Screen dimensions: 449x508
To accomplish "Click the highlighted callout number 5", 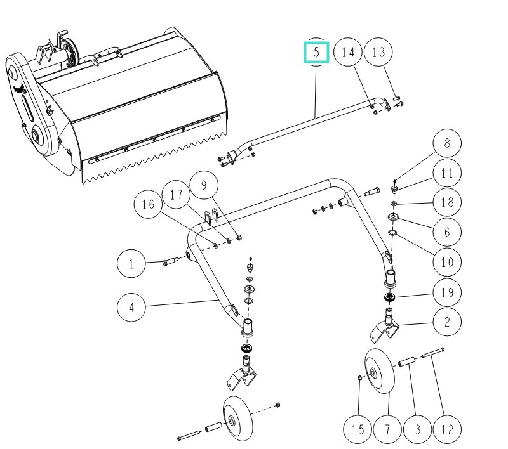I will pos(316,52).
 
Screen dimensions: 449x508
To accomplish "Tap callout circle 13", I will pos(378,52).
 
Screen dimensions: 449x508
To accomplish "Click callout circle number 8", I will pos(447,144).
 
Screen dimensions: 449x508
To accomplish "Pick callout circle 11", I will pos(447,173).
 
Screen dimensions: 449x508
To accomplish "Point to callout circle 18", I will pos(447,202).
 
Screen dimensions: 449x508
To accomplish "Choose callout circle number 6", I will pos(447,231).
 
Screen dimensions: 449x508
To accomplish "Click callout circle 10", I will pos(447,261).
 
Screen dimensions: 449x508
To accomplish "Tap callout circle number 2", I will pos(447,322).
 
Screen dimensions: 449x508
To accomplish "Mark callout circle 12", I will pos(447,429).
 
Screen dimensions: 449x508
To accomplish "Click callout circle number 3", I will pos(418,429).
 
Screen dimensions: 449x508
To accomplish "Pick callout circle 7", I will pos(388,429).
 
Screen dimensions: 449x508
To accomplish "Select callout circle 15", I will pos(358,429).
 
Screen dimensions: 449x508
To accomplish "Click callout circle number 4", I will pos(132,308).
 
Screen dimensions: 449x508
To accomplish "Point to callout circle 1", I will pos(132,263).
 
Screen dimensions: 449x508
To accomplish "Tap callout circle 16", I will pos(148,205).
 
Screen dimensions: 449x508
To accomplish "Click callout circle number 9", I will pos(204,186).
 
